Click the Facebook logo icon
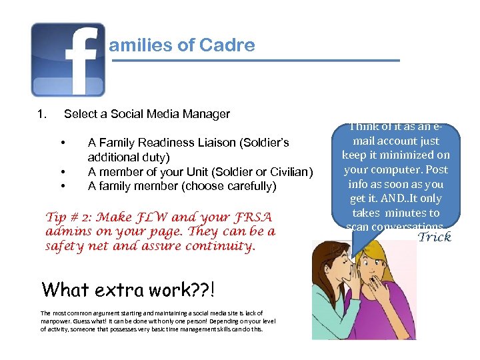(x=68, y=59)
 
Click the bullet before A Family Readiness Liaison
(x=62, y=143)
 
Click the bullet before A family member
(x=62, y=187)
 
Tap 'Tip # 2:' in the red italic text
(x=69, y=217)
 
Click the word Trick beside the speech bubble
(x=434, y=237)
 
